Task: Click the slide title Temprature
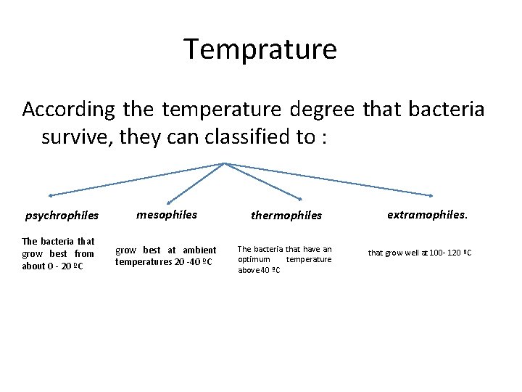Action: click(260, 49)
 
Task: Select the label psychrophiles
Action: click(62, 216)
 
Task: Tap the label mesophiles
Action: click(167, 214)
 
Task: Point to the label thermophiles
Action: click(286, 216)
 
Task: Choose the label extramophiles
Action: click(428, 214)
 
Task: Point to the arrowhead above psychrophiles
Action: click(51, 195)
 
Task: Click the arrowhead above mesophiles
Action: click(169, 202)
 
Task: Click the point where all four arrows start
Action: click(225, 163)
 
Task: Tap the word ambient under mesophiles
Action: click(199, 250)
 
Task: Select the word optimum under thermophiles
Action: click(254, 259)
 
